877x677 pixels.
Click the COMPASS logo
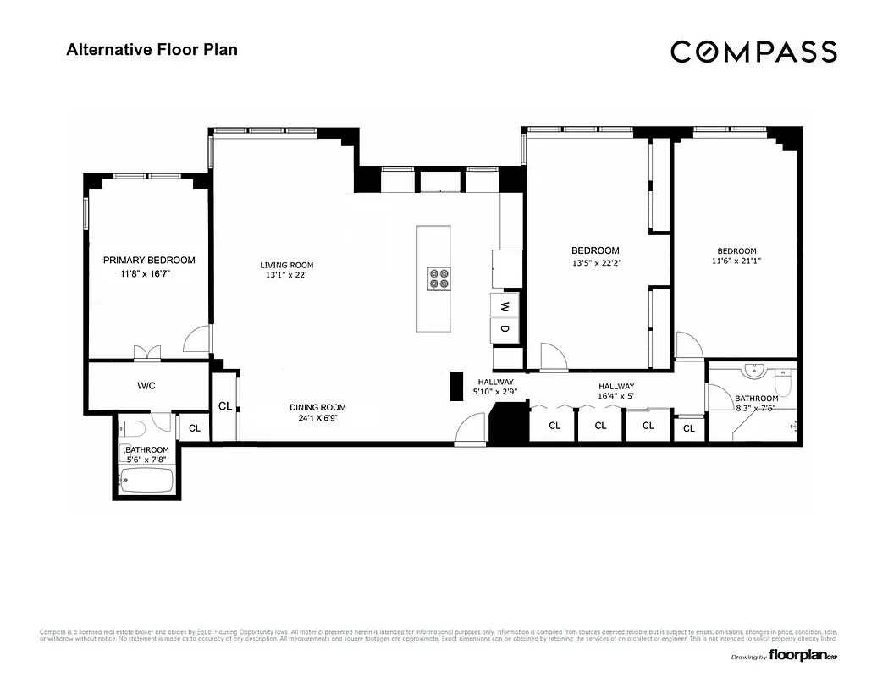coord(753,52)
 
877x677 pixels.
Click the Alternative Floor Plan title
coord(152,49)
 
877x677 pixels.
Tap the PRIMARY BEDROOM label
coord(149,261)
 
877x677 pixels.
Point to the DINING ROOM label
coord(317,407)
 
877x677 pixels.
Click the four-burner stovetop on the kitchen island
coord(438,278)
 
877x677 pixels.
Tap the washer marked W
coord(505,305)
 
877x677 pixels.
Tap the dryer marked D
coord(505,328)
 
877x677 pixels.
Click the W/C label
coord(146,386)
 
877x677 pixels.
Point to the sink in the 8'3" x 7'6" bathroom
coord(752,372)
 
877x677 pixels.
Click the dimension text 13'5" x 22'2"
coord(595,262)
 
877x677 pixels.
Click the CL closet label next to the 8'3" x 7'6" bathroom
coord(689,429)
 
